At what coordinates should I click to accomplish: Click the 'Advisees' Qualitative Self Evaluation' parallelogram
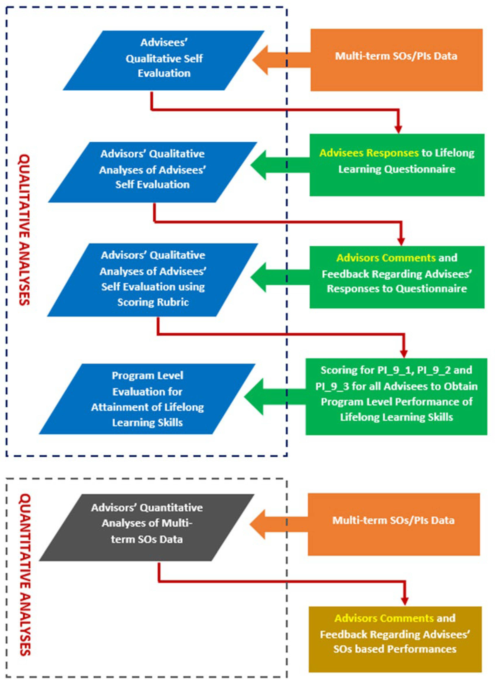pyautogui.click(x=164, y=60)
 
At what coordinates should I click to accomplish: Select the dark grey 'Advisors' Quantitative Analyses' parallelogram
pyautogui.click(x=147, y=527)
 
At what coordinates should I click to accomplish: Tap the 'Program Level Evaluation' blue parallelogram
pyautogui.click(x=147, y=399)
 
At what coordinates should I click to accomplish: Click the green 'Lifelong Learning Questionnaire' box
pyautogui.click(x=397, y=165)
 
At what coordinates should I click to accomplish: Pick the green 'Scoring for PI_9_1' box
pyautogui.click(x=396, y=396)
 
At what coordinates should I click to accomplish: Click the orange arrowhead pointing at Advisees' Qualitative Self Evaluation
pyautogui.click(x=261, y=60)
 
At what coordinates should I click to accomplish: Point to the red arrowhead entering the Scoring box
pyautogui.click(x=404, y=353)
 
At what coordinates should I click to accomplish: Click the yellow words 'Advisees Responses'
pyautogui.click(x=369, y=153)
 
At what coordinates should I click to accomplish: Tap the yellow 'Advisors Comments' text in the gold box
pyautogui.click(x=384, y=618)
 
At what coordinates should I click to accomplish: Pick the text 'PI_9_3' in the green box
pyautogui.click(x=332, y=386)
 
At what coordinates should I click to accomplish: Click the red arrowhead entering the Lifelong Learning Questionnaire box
pyautogui.click(x=398, y=129)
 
